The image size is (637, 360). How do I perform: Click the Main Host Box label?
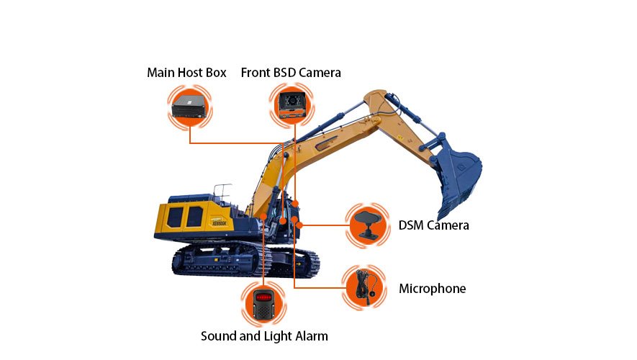click(186, 73)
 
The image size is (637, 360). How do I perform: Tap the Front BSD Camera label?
click(291, 73)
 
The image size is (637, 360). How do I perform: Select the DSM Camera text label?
click(433, 225)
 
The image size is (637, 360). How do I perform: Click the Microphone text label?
click(432, 289)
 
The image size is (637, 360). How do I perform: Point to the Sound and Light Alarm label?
click(264, 336)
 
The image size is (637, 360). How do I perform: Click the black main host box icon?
click(189, 108)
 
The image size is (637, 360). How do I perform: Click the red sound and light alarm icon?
click(264, 303)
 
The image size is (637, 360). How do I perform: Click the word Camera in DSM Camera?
click(448, 225)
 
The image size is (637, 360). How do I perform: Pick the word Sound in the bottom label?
click(217, 336)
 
